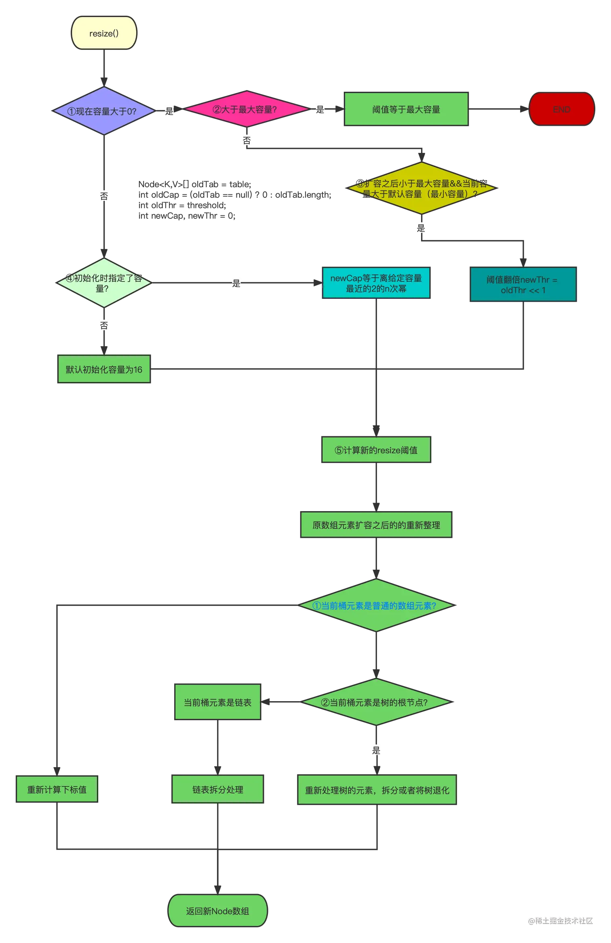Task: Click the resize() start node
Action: click(104, 33)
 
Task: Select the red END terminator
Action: click(561, 110)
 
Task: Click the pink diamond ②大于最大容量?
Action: click(245, 110)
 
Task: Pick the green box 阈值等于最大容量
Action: click(406, 110)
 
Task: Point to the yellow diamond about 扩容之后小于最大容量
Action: click(421, 189)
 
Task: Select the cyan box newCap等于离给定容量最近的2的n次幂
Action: click(376, 283)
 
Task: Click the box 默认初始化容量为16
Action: click(103, 369)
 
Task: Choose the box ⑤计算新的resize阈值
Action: click(376, 450)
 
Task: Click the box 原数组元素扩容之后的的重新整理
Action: click(376, 525)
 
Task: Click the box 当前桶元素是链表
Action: click(217, 702)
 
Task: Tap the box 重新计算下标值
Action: click(57, 789)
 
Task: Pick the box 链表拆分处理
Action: click(217, 789)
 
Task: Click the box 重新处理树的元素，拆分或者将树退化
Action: click(377, 790)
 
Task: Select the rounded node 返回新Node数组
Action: click(217, 911)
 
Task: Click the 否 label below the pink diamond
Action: click(247, 140)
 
